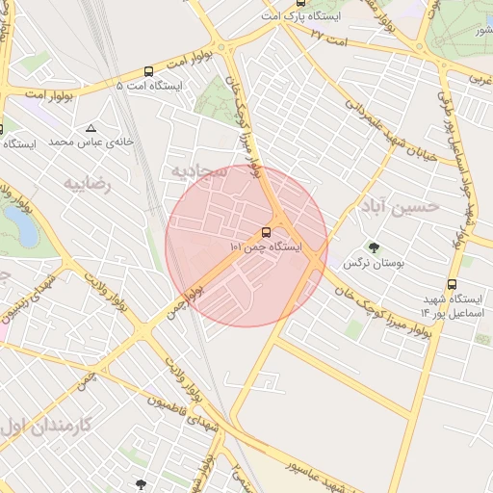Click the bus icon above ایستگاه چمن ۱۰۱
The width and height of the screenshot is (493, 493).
pos(266,232)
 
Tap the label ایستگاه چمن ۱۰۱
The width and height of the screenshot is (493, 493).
pos(266,247)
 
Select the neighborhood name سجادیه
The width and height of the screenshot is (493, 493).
pos(197,171)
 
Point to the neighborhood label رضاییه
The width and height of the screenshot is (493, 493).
pos(88,182)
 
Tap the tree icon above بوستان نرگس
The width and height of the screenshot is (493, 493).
pos(375,246)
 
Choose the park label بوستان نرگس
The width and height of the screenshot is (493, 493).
pos(376,262)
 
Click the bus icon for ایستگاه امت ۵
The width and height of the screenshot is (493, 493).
pos(148,71)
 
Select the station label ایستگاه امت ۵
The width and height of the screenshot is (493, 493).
pos(149,86)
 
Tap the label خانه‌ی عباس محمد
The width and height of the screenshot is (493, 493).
pos(90,142)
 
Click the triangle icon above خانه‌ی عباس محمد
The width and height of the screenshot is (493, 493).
pos(91,127)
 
